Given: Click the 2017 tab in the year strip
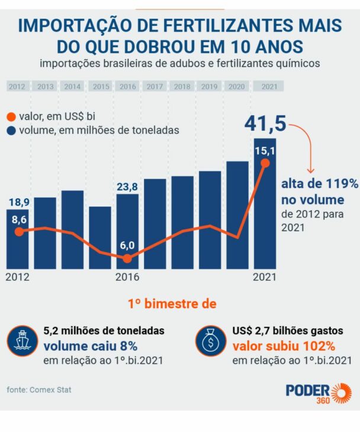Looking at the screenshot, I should point(155,86).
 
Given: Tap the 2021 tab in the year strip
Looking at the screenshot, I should point(269,86).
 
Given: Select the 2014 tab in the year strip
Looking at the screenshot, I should point(72,86).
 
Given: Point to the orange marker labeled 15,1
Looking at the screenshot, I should point(265,163).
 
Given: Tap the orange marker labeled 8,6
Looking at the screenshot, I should point(19,231).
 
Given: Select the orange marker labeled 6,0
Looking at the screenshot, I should point(128,258).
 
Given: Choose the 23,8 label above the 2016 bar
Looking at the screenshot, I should point(127,187).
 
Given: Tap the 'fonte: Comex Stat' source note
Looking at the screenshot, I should point(43,389).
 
